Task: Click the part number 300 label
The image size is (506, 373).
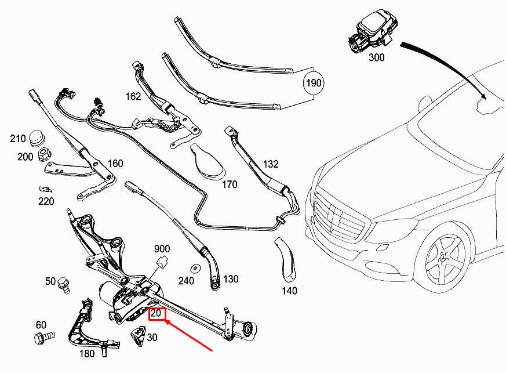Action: point(376,57)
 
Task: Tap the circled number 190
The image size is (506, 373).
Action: point(314,84)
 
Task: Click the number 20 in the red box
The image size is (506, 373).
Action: point(156,314)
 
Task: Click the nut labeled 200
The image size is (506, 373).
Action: point(43,155)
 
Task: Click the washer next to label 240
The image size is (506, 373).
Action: point(195,268)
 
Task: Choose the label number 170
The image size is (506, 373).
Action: point(230,185)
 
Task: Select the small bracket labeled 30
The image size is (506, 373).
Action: point(139,335)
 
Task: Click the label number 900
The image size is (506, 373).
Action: point(162,248)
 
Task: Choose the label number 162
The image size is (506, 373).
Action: point(133,96)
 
